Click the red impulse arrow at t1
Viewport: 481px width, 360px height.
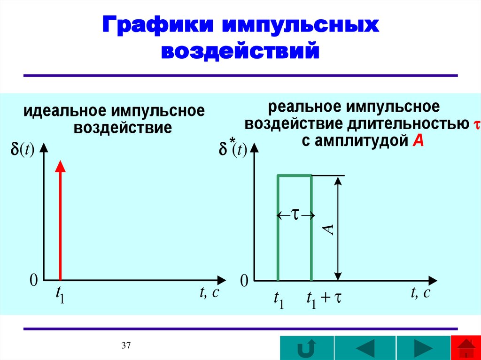tap(60, 221)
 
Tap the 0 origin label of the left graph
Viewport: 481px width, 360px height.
tap(33, 281)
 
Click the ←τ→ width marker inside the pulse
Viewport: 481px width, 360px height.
tap(295, 215)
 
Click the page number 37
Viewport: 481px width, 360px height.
tap(126, 346)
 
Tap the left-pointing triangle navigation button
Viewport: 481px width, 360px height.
tap(365, 349)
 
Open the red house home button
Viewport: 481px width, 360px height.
tap(466, 348)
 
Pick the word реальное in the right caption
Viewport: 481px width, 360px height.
tap(305, 107)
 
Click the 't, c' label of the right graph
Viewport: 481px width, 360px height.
tap(420, 293)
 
